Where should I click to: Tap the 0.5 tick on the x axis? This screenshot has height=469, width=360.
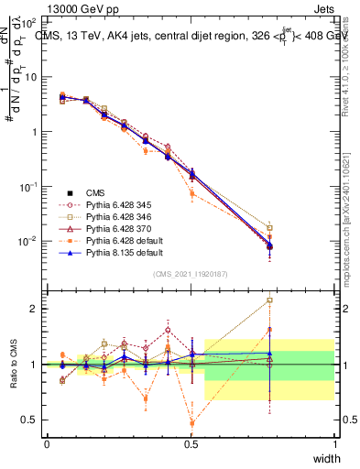pos(191,444)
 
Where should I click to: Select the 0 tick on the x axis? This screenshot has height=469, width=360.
pos(47,444)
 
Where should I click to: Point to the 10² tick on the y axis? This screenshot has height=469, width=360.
pos(30,21)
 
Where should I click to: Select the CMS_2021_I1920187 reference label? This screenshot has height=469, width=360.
pos(191,274)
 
